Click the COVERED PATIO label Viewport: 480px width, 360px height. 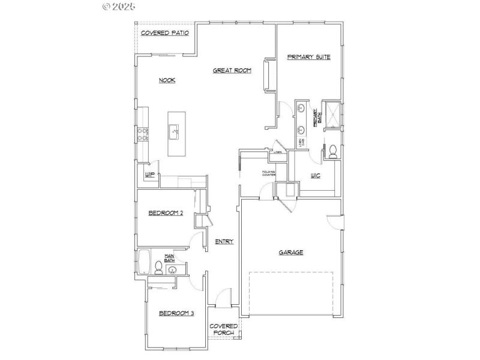tap(164, 32)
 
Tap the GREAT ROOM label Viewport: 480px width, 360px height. tap(232, 71)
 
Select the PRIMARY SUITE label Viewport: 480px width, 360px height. tap(308, 57)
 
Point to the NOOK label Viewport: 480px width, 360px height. tap(167, 80)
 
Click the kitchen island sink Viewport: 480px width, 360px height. tap(174, 129)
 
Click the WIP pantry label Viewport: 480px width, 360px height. tap(150, 175)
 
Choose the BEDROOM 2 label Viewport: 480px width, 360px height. tap(166, 212)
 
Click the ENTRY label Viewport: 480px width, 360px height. tap(224, 241)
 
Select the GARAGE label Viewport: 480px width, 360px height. tap(290, 253)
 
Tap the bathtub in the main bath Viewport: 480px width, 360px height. tap(144, 263)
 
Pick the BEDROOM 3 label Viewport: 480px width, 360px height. tap(176, 313)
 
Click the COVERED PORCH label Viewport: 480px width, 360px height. tap(224, 330)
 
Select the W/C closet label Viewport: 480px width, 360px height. tap(316, 176)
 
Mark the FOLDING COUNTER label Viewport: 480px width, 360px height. tap(268, 175)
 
